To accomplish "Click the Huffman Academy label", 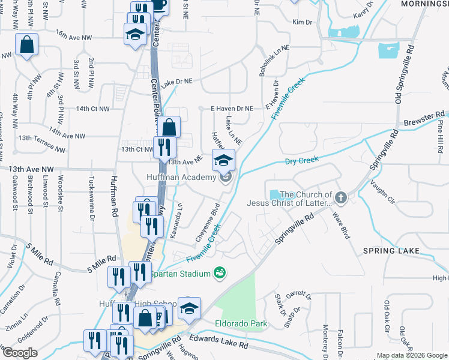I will (x=181, y=178).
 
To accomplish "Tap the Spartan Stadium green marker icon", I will (x=220, y=274).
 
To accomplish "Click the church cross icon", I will (x=340, y=197).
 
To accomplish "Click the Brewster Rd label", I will (x=432, y=115).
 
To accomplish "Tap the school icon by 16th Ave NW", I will (x=135, y=34).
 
